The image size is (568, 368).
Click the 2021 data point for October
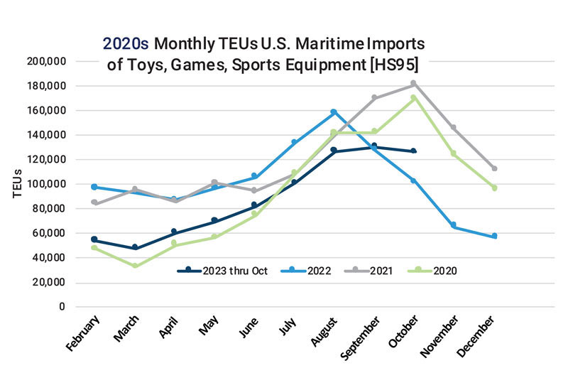coord(414,84)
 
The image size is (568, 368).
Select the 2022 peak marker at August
coord(334,112)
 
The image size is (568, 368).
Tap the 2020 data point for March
coord(134,266)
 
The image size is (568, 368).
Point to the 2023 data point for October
coord(414,151)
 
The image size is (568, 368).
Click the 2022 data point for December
coord(495,236)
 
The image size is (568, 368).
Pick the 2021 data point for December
coord(495,169)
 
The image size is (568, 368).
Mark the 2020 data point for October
coord(414,98)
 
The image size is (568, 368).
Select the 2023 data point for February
coord(94,240)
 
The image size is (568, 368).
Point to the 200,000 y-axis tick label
coord(45,62)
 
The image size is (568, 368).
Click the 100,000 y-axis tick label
coord(45,184)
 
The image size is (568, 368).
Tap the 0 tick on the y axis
coord(62,307)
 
